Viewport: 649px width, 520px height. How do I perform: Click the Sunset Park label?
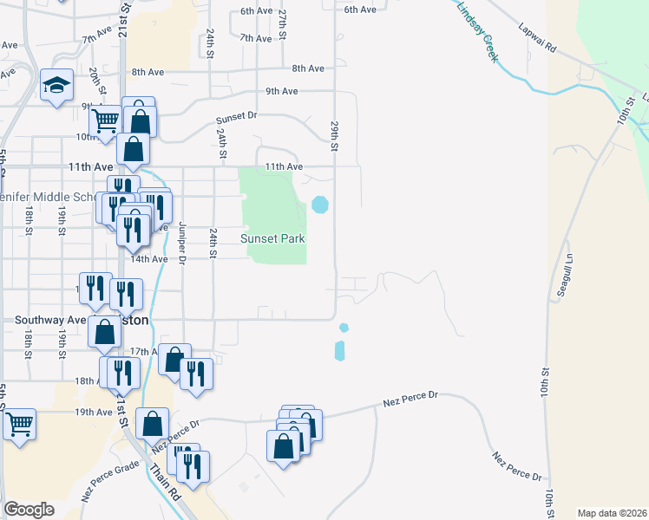click(x=277, y=238)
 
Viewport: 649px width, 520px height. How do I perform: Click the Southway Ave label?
click(x=49, y=319)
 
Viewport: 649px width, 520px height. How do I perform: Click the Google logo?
click(x=29, y=510)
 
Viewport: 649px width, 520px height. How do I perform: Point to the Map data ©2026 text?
click(x=612, y=513)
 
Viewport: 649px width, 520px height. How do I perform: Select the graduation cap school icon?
click(x=56, y=85)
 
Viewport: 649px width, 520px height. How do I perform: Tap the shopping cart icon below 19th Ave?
click(x=19, y=424)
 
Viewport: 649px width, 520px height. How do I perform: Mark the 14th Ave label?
click(x=148, y=258)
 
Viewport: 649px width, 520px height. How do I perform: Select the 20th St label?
click(x=91, y=82)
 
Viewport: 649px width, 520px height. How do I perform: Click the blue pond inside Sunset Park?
click(x=320, y=205)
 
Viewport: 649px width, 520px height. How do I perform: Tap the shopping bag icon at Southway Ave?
click(x=105, y=330)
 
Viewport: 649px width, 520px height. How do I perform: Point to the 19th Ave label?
click(x=94, y=412)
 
